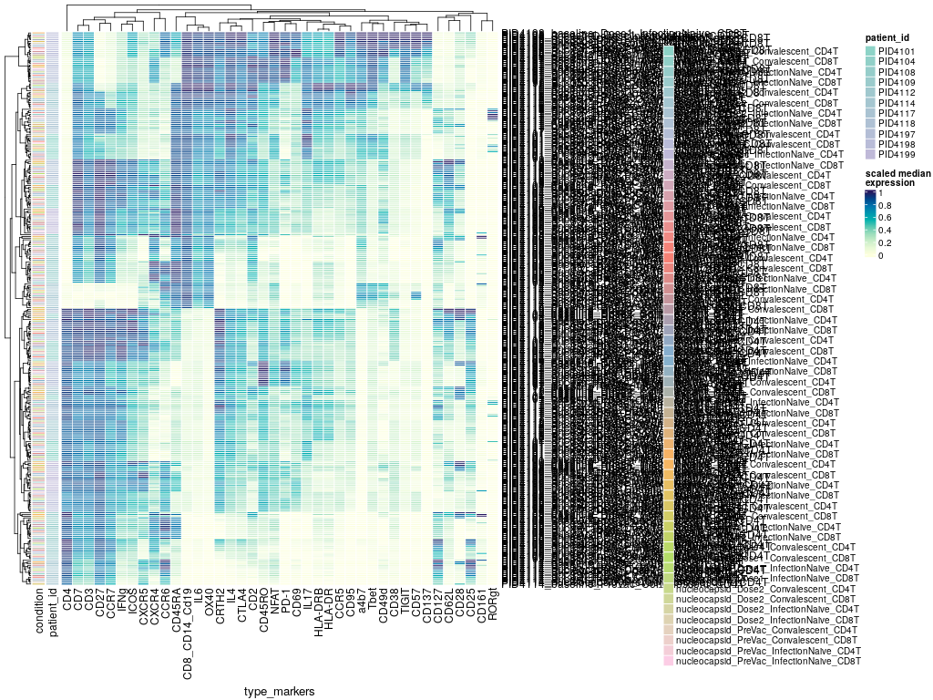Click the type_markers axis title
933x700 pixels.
pyautogui.click(x=279, y=693)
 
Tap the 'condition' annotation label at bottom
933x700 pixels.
pyautogui.click(x=40, y=612)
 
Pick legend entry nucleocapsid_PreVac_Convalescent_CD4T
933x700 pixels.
pyautogui.click(x=769, y=630)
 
